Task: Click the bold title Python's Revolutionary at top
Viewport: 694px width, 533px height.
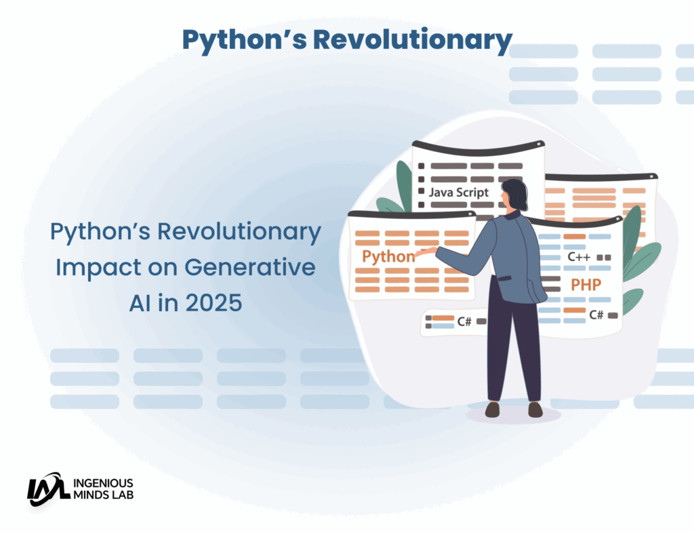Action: (x=347, y=40)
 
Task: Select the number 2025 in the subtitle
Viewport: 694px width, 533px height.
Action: (x=213, y=303)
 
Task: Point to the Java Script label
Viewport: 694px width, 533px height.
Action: (x=459, y=193)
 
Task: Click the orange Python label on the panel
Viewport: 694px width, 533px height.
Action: (x=388, y=256)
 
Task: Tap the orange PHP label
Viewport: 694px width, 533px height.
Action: (x=586, y=285)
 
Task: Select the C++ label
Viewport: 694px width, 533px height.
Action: (x=579, y=257)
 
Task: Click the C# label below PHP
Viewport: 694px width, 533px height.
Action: (x=596, y=315)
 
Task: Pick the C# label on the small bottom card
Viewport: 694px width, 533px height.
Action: (x=464, y=321)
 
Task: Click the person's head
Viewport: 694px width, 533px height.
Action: (x=514, y=194)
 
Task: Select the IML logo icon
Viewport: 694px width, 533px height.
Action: (x=48, y=489)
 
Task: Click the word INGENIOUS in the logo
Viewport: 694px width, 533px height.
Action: (x=103, y=483)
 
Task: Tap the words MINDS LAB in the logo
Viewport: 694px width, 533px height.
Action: (x=103, y=495)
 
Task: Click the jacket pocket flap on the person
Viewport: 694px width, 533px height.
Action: (x=504, y=279)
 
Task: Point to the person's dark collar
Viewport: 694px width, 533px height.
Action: (x=513, y=215)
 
